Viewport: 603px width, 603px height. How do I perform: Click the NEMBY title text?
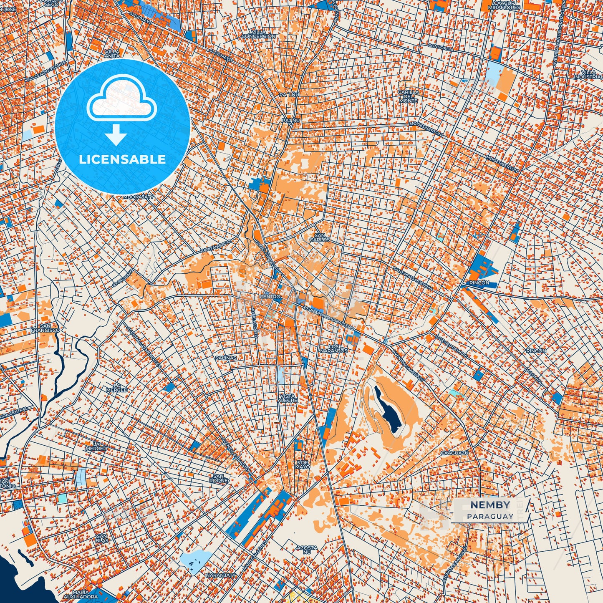490,505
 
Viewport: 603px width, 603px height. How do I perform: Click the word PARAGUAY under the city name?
490,516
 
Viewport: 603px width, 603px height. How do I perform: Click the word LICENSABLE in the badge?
122,159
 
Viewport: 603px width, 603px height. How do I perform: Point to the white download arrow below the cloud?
116,135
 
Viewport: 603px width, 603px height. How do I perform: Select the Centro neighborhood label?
270,297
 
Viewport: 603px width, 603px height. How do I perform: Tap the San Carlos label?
320,237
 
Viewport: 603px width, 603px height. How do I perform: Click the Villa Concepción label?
259,34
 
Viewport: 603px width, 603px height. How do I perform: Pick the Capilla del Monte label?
408,96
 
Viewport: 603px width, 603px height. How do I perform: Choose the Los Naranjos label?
334,348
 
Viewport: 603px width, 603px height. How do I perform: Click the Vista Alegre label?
288,398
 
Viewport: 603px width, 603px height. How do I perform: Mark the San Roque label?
221,478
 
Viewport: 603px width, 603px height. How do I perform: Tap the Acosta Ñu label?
304,550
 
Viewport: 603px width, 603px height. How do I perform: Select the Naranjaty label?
221,575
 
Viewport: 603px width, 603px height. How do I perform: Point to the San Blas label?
102,538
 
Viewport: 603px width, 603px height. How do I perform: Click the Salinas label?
226,358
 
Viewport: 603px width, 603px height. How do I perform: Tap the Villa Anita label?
112,54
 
